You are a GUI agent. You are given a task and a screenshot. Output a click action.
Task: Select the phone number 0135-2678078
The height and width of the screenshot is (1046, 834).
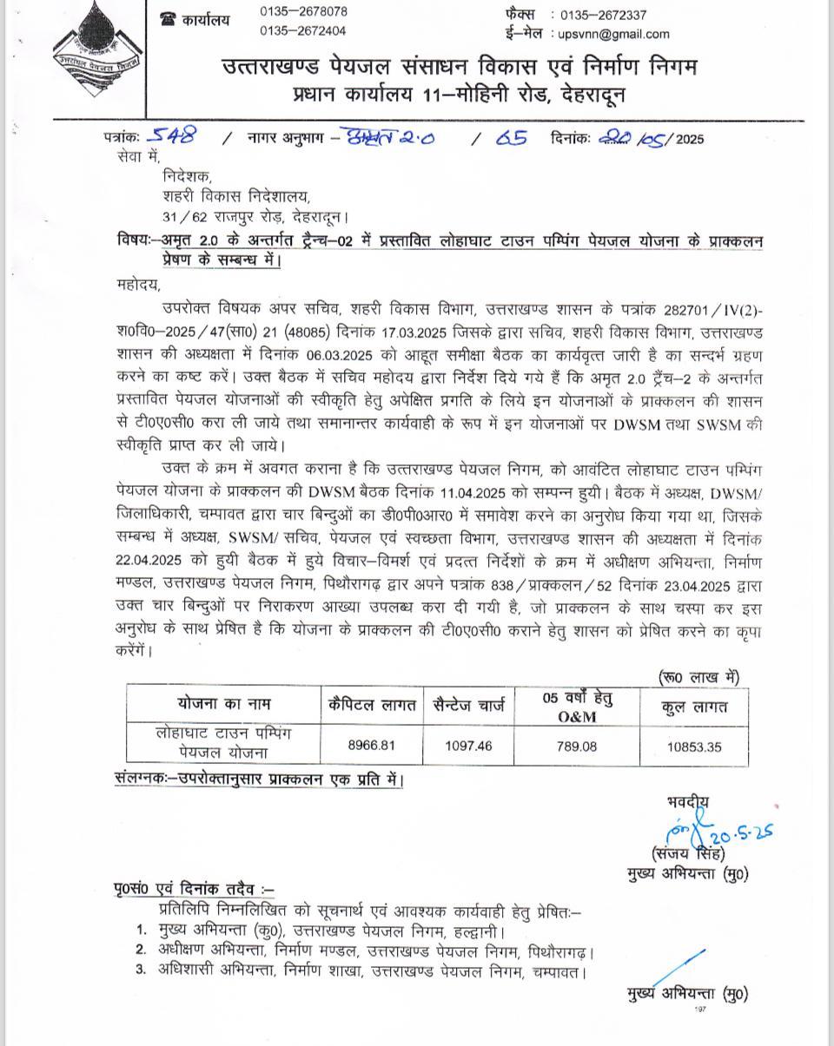(303, 12)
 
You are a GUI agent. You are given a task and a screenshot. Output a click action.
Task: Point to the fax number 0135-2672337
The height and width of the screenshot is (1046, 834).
(603, 15)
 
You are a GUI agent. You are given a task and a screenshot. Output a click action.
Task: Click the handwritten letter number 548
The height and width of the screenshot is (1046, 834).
(171, 135)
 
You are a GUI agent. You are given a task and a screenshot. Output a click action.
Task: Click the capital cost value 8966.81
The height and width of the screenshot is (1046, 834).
(371, 746)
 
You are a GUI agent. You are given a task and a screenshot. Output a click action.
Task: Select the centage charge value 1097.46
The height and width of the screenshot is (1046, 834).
(468, 746)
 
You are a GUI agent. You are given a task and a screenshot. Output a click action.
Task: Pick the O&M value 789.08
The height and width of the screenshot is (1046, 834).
(576, 746)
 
